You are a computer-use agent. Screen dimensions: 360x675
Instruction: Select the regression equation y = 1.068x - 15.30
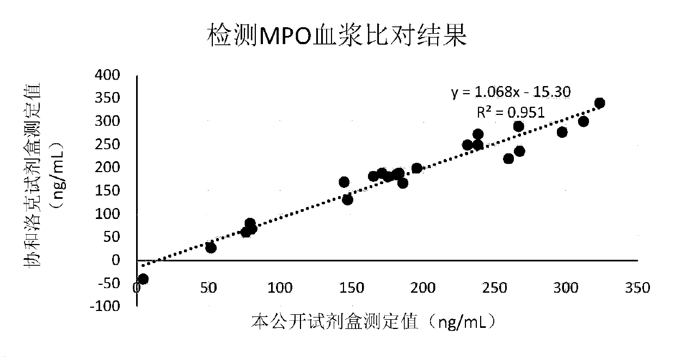tap(510, 92)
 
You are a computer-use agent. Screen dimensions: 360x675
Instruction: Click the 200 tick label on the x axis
tap(422, 287)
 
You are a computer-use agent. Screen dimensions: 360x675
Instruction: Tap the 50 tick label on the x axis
tap(208, 287)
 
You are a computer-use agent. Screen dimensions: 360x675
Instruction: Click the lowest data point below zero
tap(143, 279)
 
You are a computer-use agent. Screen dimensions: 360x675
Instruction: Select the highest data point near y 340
tap(599, 103)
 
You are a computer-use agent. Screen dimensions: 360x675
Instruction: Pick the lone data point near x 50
tap(211, 248)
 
